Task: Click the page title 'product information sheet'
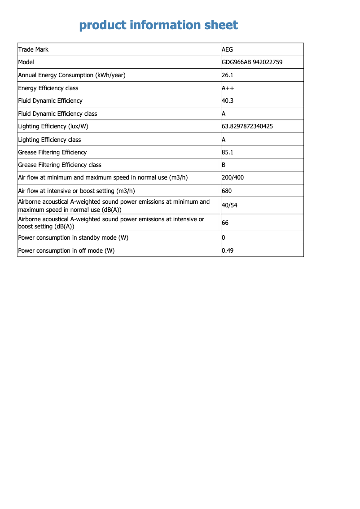[158, 25]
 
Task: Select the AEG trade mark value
[228, 49]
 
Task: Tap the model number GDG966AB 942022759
[252, 62]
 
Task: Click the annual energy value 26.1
[228, 75]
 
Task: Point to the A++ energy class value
[228, 88]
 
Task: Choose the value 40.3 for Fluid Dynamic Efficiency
[228, 101]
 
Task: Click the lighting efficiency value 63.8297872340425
[247, 126]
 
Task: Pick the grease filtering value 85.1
[228, 152]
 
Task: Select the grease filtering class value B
[224, 165]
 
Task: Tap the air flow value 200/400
[233, 177]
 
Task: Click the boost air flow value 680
[227, 191]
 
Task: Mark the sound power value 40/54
[229, 206]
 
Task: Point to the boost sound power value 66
[225, 223]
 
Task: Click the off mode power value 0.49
[228, 250]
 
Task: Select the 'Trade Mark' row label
[33, 49]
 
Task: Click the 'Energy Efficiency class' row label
[48, 88]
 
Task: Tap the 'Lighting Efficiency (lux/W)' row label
[53, 126]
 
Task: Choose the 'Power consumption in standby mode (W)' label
[73, 237]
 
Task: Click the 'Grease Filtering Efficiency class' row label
[60, 165]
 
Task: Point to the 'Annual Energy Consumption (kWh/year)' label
[72, 75]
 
